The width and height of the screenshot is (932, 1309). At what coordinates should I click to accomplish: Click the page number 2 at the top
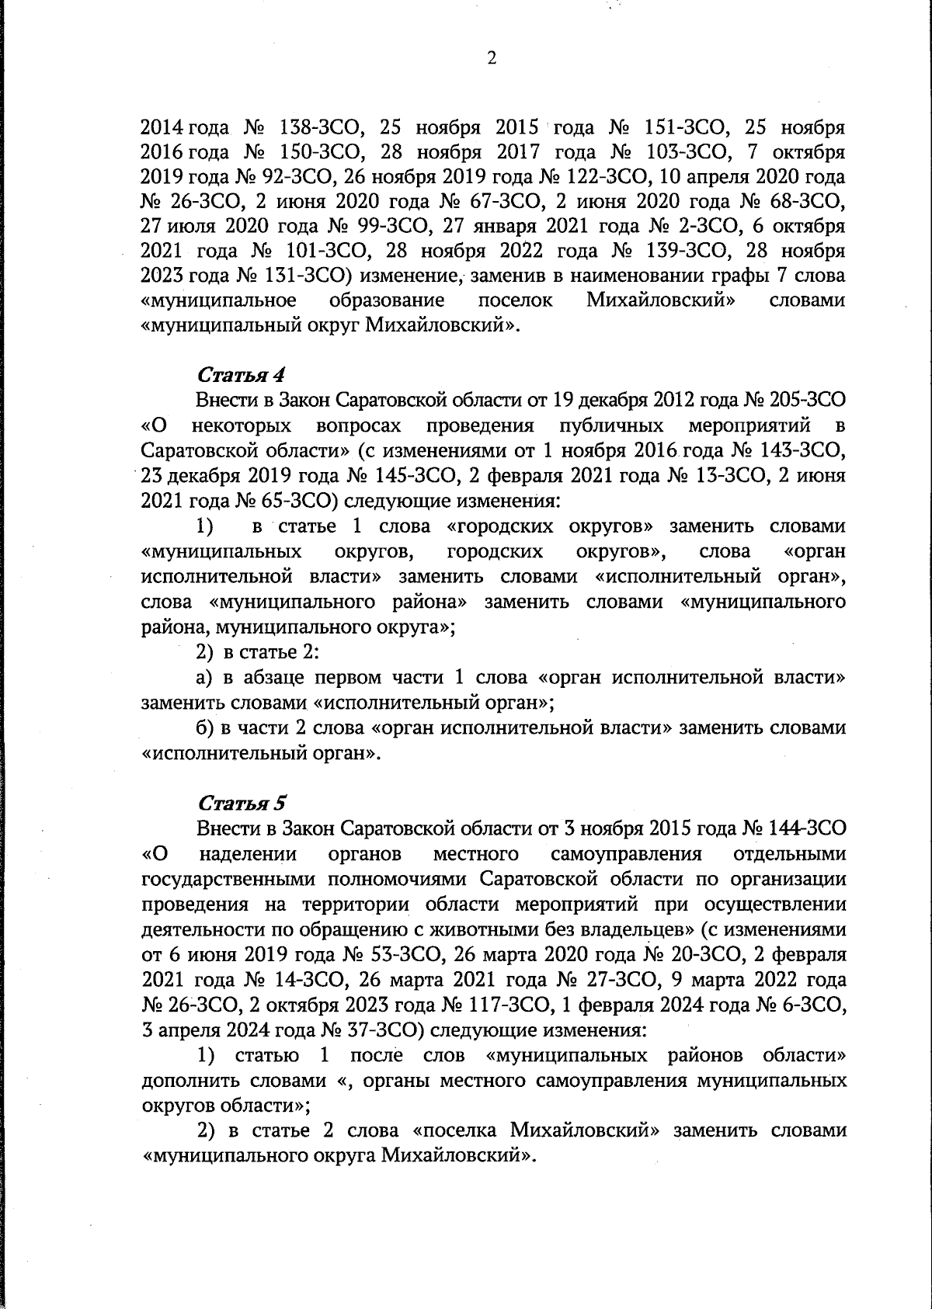pyautogui.click(x=490, y=58)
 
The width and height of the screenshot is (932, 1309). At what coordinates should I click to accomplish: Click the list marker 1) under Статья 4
pyautogui.click(x=204, y=526)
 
